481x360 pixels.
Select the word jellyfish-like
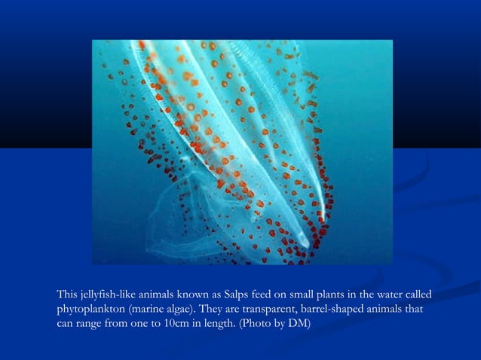point(108,294)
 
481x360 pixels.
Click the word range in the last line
point(92,324)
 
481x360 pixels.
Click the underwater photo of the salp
point(242,151)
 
